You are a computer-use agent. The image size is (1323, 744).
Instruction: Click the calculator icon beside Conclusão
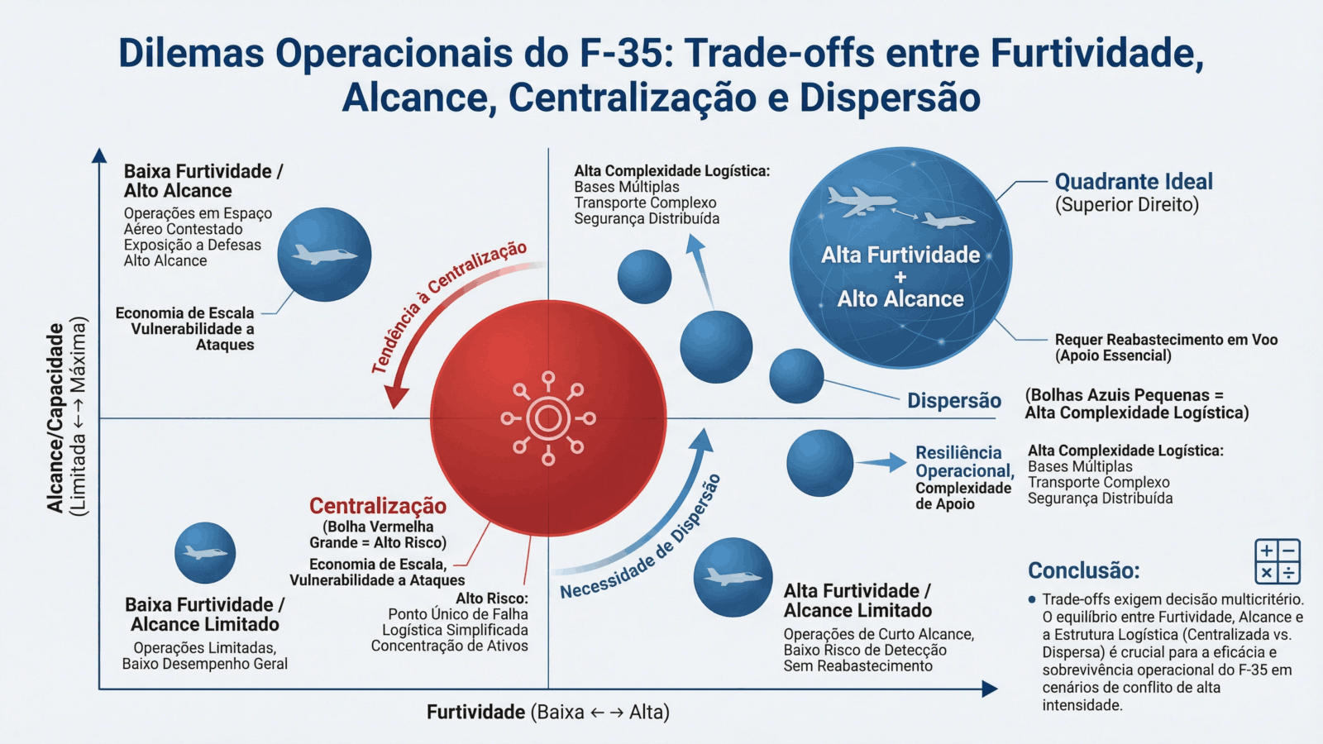pos(1278,561)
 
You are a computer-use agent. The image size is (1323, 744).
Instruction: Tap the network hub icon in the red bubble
pos(547,419)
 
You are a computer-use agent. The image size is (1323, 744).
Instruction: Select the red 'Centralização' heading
pos(378,506)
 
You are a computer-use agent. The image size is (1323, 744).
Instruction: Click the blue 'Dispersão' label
pos(954,401)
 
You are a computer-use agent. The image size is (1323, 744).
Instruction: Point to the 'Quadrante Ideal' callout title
pos(1134,182)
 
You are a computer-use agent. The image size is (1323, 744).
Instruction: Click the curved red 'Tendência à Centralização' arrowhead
pos(396,398)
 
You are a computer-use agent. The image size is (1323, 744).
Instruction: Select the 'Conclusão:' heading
pos(1083,570)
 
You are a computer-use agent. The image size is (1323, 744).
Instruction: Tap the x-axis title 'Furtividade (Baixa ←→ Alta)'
pos(547,712)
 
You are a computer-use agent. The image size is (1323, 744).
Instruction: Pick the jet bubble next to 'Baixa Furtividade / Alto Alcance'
pos(323,254)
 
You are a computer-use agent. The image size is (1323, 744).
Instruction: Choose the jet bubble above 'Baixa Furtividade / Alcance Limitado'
pos(205,552)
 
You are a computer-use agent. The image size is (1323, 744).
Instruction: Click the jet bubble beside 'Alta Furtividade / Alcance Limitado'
pos(733,577)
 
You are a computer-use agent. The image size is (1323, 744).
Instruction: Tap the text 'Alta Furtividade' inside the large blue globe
pos(900,255)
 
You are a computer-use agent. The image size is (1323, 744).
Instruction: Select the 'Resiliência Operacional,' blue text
pos(963,462)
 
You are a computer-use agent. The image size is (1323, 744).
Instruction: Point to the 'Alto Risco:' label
pos(491,598)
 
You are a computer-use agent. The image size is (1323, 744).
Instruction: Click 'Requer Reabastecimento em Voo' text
pos(1166,340)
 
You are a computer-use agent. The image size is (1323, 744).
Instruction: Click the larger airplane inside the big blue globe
pos(861,200)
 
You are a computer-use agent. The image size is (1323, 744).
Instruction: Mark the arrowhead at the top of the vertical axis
pos(99,155)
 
